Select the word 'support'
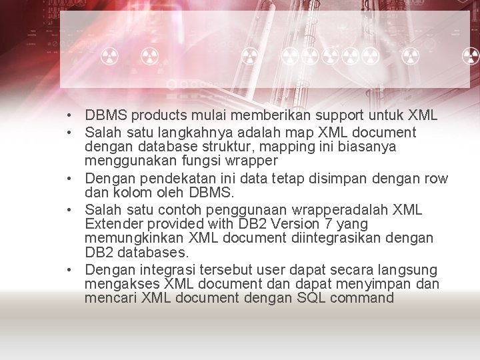(x=341, y=115)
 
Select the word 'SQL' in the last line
(x=311, y=298)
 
